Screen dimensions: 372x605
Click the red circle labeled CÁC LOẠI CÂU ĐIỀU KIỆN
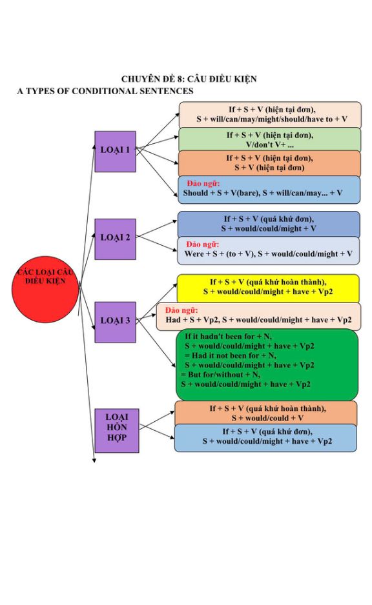coord(45,290)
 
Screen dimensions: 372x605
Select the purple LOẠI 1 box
coord(115,151)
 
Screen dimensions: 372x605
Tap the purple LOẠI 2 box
coord(115,239)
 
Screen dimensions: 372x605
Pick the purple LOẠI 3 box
coord(115,322)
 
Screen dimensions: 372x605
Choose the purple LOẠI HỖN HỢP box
coord(117,431)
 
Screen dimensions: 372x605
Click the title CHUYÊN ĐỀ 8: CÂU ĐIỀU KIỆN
coord(189,79)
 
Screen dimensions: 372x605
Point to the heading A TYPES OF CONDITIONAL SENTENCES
coord(105,91)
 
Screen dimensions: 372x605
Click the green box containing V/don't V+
coord(269,140)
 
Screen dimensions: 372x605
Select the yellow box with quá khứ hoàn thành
coord(268,288)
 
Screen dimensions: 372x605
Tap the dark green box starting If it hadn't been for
coord(267,364)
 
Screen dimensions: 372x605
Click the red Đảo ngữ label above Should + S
coord(203,183)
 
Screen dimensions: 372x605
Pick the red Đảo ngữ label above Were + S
coord(202,244)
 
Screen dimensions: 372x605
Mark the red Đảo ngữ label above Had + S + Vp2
coord(181,310)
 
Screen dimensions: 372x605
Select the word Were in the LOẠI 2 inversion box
coord(194,254)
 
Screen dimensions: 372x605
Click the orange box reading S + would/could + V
coord(266,413)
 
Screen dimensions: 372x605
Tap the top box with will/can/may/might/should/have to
coord(269,115)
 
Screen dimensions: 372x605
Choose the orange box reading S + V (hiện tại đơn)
coord(269,163)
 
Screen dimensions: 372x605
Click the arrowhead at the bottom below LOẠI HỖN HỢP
coord(94,460)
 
